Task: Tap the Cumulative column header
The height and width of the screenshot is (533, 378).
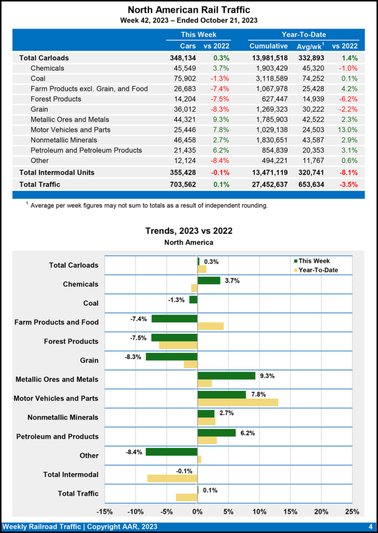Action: tap(268, 46)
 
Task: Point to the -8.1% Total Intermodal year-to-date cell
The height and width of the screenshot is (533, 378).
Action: tap(346, 172)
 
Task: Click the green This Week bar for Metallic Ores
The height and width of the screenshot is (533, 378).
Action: tap(226, 376)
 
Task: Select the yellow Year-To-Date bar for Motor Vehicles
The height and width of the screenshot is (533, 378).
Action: tap(238, 402)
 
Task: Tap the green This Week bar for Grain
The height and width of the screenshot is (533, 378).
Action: tap(172, 357)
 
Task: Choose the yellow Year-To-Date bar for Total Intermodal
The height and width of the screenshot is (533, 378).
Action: tap(172, 478)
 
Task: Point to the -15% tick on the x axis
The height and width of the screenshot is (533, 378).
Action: tap(105, 511)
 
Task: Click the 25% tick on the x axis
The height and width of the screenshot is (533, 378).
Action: tap(352, 511)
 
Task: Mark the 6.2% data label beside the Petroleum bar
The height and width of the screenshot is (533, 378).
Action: tap(247, 433)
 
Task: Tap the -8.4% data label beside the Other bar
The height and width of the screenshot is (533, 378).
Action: tap(134, 452)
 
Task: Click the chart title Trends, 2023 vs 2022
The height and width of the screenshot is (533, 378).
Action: tap(188, 231)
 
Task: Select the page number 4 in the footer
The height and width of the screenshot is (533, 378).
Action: tap(370, 526)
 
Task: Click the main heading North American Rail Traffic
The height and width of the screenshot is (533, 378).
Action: tap(188, 10)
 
